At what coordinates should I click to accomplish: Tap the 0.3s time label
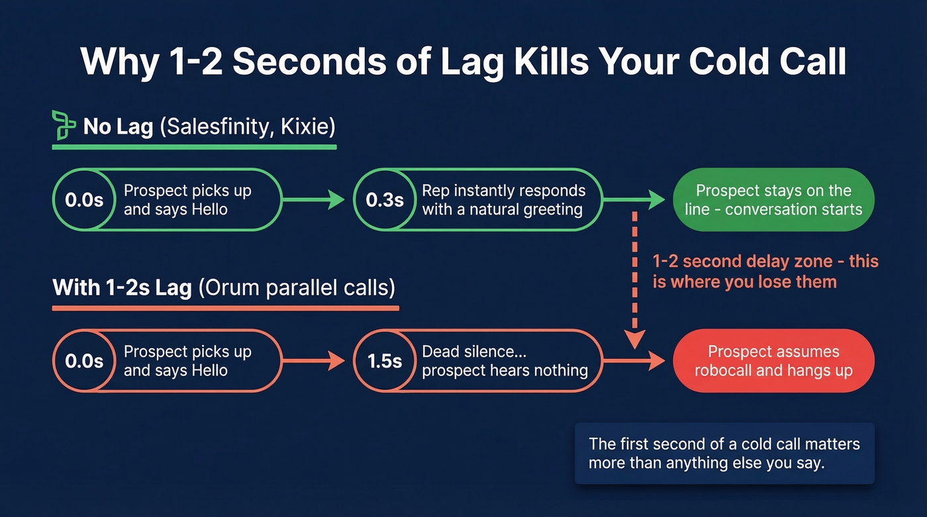tap(385, 200)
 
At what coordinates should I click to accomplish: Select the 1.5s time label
tap(385, 361)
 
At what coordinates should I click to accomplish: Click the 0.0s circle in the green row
tap(84, 200)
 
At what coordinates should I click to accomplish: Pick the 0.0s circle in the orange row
tap(84, 361)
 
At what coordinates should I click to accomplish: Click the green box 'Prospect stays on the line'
tap(773, 200)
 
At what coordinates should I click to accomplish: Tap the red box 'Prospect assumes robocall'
tap(773, 361)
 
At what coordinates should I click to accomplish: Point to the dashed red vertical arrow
tap(634, 278)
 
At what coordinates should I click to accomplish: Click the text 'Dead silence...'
tap(474, 352)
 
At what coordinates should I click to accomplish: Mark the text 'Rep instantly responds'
tap(503, 191)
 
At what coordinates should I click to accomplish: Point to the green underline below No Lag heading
tap(194, 146)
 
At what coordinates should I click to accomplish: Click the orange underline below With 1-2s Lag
tap(225, 308)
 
